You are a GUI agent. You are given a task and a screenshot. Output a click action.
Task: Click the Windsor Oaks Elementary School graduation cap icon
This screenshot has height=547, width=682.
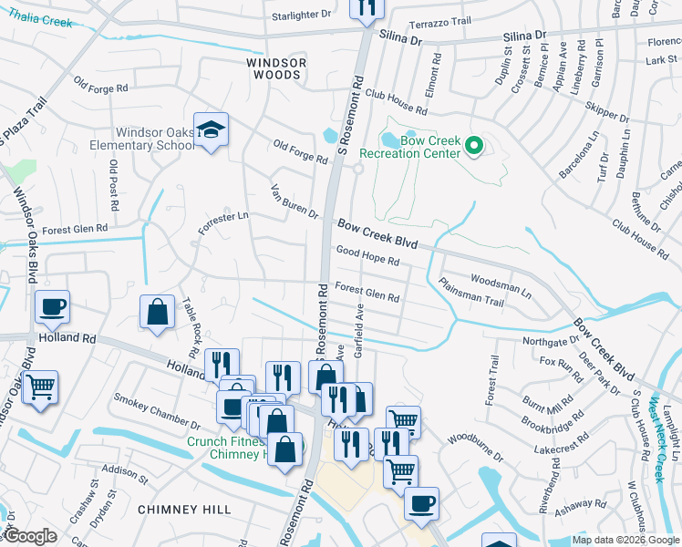pyautogui.click(x=211, y=130)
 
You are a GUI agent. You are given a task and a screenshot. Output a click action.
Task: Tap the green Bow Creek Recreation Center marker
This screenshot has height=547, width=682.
pyautogui.click(x=473, y=145)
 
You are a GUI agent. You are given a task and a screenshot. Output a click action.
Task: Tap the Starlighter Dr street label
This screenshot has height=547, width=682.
pyautogui.click(x=307, y=16)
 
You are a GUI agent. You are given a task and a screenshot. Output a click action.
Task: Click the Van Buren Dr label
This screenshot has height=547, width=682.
pyautogui.click(x=294, y=203)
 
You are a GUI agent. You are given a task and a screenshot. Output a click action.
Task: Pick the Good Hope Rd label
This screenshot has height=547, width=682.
pyautogui.click(x=367, y=256)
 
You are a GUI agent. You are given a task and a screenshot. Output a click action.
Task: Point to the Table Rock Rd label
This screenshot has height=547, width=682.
pyautogui.click(x=191, y=327)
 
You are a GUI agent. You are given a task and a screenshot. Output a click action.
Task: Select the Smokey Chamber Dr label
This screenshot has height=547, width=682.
pyautogui.click(x=157, y=411)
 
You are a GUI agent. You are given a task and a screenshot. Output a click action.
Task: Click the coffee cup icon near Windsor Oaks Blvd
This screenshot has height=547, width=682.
pyautogui.click(x=52, y=306)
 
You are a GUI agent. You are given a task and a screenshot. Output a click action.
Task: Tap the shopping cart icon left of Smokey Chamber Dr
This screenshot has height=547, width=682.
pyautogui.click(x=39, y=387)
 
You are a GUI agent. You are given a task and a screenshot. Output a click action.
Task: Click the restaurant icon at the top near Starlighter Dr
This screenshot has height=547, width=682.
pyautogui.click(x=367, y=7)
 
